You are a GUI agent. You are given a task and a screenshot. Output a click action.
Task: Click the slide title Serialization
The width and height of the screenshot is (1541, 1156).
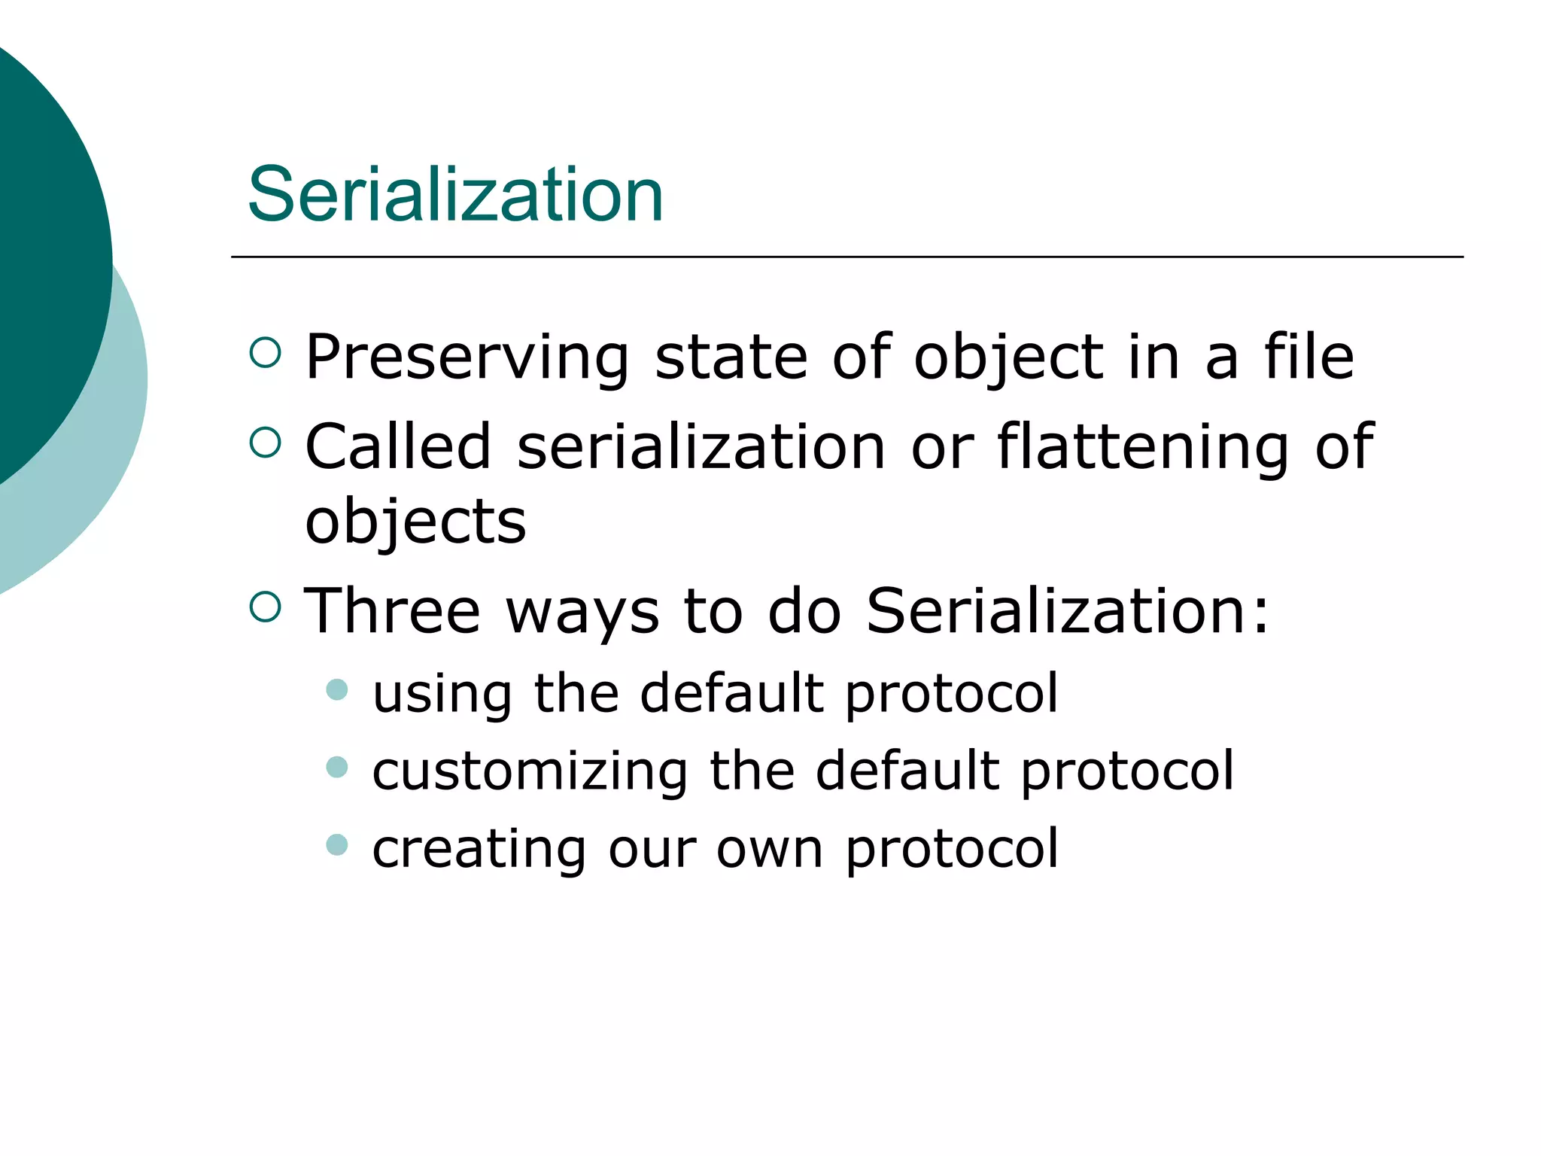point(454,195)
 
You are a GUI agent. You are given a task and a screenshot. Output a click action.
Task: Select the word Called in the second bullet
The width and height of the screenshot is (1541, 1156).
point(398,447)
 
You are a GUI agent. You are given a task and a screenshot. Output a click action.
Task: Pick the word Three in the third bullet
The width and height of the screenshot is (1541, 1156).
point(391,611)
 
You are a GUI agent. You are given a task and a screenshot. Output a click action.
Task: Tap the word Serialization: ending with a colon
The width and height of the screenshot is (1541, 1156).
point(1068,611)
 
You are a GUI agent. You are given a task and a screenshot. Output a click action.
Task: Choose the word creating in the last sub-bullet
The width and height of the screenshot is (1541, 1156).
point(478,848)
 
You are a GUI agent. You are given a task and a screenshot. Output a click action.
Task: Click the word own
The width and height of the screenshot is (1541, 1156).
point(769,850)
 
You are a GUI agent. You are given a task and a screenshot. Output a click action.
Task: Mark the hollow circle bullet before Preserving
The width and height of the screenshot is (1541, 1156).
point(265,352)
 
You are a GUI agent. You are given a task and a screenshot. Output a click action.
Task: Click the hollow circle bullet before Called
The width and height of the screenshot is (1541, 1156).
point(265,443)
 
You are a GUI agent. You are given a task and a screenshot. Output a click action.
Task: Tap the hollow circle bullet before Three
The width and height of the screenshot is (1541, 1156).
point(265,607)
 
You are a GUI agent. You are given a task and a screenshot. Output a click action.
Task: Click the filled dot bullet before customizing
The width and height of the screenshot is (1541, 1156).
point(337,767)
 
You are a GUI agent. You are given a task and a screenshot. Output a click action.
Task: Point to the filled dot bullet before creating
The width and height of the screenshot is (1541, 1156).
point(337,844)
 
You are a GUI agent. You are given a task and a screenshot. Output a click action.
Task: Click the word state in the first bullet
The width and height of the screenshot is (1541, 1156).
point(731,358)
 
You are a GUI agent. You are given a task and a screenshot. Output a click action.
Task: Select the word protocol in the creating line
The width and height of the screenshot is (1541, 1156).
point(952,850)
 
